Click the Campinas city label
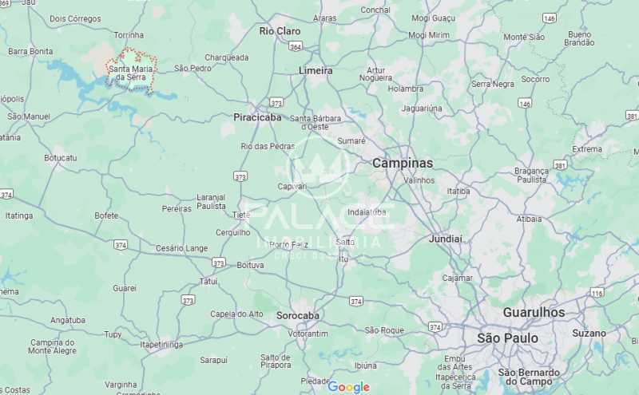(x=403, y=163)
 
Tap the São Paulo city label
(x=507, y=338)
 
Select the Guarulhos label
(x=534, y=312)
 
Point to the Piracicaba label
(x=257, y=117)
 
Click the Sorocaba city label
(x=298, y=315)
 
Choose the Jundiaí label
(x=446, y=239)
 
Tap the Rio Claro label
(x=280, y=31)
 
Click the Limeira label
(x=316, y=70)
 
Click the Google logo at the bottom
(x=349, y=387)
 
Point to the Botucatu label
(x=60, y=158)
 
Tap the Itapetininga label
(x=161, y=345)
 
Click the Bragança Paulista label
(x=531, y=176)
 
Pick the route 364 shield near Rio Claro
(x=296, y=48)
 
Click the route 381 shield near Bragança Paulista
(x=560, y=165)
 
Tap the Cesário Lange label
(x=181, y=248)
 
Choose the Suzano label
(x=589, y=333)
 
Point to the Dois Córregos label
(x=75, y=18)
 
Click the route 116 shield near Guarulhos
(x=597, y=294)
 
